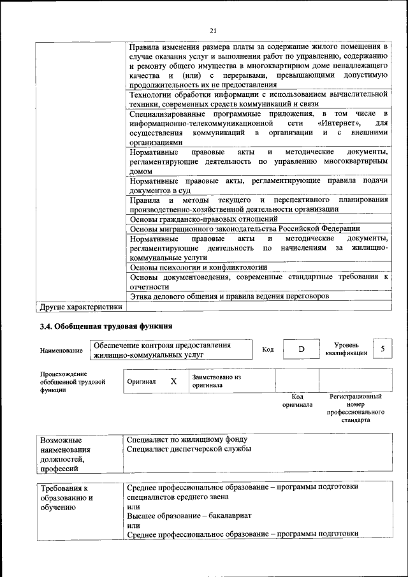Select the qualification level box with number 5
pos(382,349)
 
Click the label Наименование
pos(61,351)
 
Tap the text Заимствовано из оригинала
pos(216,381)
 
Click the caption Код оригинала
pos(297,400)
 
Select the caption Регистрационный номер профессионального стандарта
pos(355,409)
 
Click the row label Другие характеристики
pos(80,307)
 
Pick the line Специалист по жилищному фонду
pos(186,439)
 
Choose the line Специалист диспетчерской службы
pos(189,449)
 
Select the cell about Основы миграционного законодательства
pos(245,229)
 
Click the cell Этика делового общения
pos(229,296)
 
